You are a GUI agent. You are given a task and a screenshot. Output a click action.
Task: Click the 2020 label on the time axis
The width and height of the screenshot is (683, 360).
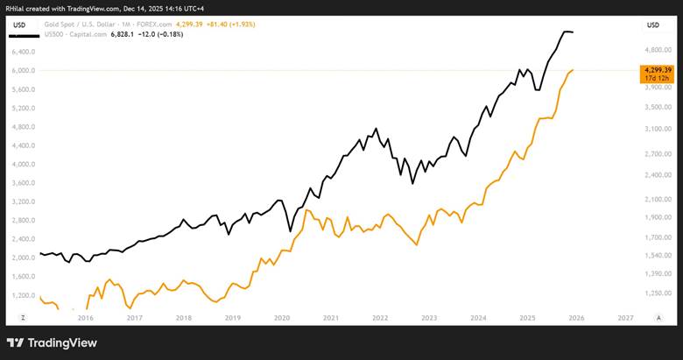(x=282, y=318)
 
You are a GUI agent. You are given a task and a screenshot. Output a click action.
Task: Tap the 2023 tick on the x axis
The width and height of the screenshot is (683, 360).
(x=429, y=318)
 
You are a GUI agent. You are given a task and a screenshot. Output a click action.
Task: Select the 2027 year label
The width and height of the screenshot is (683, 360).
(x=625, y=318)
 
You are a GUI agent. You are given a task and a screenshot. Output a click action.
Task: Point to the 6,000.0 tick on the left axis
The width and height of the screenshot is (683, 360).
(x=24, y=71)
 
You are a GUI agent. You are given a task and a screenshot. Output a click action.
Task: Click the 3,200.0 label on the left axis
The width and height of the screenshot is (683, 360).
(x=24, y=201)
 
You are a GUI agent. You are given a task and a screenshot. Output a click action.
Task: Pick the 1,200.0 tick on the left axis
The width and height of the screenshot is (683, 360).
(x=24, y=295)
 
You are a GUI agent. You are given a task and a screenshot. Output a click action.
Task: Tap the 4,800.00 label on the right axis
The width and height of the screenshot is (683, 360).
(x=658, y=50)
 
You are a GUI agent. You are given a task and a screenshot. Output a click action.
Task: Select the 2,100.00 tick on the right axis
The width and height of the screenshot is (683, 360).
(x=658, y=199)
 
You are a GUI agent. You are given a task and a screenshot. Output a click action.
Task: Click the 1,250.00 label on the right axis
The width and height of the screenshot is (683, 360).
(x=658, y=293)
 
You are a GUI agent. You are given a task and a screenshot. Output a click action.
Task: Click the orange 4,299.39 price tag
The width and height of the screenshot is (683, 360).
(x=658, y=74)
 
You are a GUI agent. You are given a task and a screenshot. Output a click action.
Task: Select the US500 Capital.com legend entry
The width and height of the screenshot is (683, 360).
(x=75, y=34)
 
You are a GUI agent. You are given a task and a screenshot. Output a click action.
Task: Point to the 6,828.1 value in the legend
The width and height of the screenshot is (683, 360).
(x=122, y=34)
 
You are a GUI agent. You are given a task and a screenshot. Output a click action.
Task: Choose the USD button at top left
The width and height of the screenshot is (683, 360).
(x=19, y=25)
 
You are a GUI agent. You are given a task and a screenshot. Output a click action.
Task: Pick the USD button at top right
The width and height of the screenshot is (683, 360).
(x=653, y=25)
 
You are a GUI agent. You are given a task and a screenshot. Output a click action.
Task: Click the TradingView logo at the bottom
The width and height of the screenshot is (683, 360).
(x=52, y=343)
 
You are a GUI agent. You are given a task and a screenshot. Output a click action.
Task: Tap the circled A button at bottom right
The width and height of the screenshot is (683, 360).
(x=658, y=318)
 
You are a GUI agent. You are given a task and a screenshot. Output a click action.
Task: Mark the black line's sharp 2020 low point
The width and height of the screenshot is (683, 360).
(x=290, y=231)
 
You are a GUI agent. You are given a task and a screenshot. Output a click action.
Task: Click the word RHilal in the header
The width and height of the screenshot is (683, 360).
(x=14, y=8)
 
